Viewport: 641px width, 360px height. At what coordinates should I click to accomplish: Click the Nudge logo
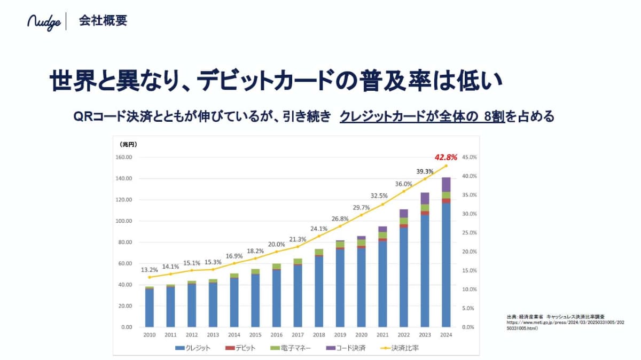[44, 22]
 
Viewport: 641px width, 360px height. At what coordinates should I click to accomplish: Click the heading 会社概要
[103, 21]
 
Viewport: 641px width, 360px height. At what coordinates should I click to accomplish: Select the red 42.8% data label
[446, 157]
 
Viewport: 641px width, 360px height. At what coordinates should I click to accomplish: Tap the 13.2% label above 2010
[150, 270]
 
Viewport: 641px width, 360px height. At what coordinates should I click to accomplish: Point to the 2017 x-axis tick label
[298, 335]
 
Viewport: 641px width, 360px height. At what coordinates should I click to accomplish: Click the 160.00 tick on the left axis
[123, 158]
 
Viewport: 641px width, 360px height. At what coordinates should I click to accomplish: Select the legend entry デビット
[240, 348]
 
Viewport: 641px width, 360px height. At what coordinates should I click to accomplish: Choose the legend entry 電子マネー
[291, 348]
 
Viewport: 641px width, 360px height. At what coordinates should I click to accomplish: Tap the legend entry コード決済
[346, 348]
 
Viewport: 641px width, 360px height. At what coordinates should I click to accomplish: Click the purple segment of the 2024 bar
[446, 184]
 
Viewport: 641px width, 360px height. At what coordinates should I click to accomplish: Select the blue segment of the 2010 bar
[150, 308]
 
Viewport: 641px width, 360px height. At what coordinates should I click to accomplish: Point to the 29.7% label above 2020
[361, 207]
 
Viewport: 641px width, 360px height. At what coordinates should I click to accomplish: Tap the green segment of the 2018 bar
[319, 252]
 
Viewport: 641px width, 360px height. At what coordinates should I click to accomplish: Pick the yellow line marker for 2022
[404, 191]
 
